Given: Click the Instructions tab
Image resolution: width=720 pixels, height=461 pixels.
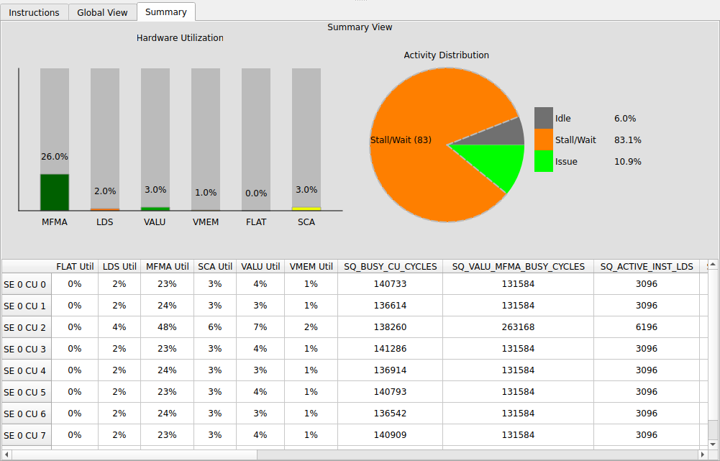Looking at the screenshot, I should (x=35, y=12).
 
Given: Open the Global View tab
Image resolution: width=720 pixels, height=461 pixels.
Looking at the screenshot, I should (x=102, y=12).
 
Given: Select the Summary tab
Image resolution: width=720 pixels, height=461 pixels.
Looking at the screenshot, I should (x=165, y=12).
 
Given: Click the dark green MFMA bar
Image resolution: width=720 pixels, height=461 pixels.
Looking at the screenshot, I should (x=55, y=192).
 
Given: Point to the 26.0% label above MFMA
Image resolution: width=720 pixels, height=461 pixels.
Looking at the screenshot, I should (x=55, y=157).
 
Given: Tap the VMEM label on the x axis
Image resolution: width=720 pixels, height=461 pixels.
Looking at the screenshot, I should (x=206, y=222).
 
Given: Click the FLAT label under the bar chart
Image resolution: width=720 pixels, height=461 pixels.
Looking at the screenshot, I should (x=256, y=222).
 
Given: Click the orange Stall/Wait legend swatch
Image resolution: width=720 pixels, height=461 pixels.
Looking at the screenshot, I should (x=544, y=140).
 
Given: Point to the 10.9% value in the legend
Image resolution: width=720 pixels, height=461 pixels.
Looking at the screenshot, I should (x=627, y=162).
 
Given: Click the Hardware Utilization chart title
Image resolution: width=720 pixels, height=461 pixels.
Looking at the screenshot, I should (x=180, y=38).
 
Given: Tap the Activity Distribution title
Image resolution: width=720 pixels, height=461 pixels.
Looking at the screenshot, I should (x=446, y=55).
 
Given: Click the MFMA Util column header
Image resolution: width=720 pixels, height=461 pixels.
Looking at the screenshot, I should (x=167, y=267).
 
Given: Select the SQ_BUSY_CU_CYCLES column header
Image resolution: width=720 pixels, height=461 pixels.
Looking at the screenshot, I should (x=390, y=267).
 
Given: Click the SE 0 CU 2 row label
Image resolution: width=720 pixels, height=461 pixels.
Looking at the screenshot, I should (x=25, y=327).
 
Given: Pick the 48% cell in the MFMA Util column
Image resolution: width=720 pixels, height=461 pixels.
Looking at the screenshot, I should (x=167, y=327).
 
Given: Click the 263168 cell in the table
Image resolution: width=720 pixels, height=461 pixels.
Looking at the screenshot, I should (x=518, y=327).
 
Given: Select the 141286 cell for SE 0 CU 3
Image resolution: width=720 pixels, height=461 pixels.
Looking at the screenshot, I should (x=390, y=349).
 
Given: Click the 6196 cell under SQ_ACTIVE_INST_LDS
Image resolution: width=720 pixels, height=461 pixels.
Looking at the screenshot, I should (x=646, y=327).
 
